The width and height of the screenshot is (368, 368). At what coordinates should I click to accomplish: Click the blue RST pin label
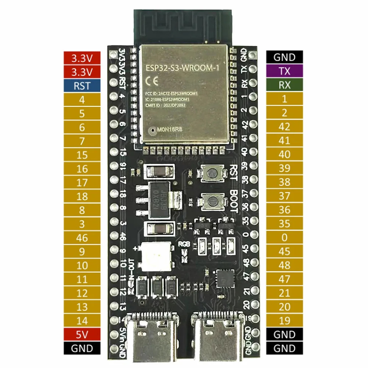point(82,86)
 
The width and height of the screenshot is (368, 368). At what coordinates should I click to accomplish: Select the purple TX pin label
point(284,71)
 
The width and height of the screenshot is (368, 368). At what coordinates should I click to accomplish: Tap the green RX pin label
point(284,85)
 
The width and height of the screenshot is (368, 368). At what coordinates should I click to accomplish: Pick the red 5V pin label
point(82,334)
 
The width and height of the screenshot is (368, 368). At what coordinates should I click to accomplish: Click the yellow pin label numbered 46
point(82,238)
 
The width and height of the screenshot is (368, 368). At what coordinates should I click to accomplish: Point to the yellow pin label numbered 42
point(284,127)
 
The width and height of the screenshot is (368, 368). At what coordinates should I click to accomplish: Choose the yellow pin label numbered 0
point(284,237)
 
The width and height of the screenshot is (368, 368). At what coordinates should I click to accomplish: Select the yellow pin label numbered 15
point(82,155)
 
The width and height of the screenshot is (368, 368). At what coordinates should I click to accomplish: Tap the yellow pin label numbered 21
point(284,293)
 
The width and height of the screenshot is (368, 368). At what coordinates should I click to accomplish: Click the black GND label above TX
point(284,57)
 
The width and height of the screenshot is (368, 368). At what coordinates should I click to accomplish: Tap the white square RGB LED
point(156,257)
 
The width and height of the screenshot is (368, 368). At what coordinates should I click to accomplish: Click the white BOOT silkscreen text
point(233,201)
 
